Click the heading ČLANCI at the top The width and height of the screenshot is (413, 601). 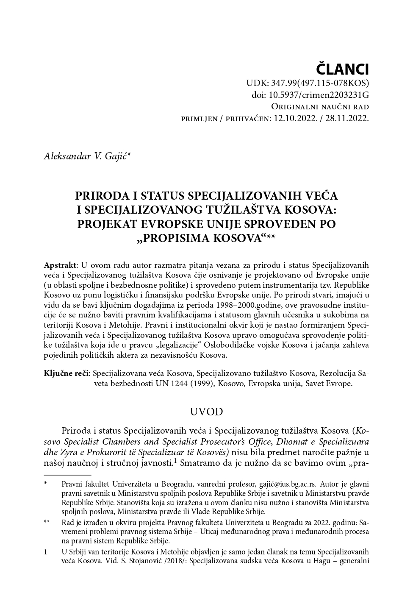point(343,69)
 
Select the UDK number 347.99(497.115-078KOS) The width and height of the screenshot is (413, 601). point(323,83)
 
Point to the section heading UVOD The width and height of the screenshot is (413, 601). point(206,412)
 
